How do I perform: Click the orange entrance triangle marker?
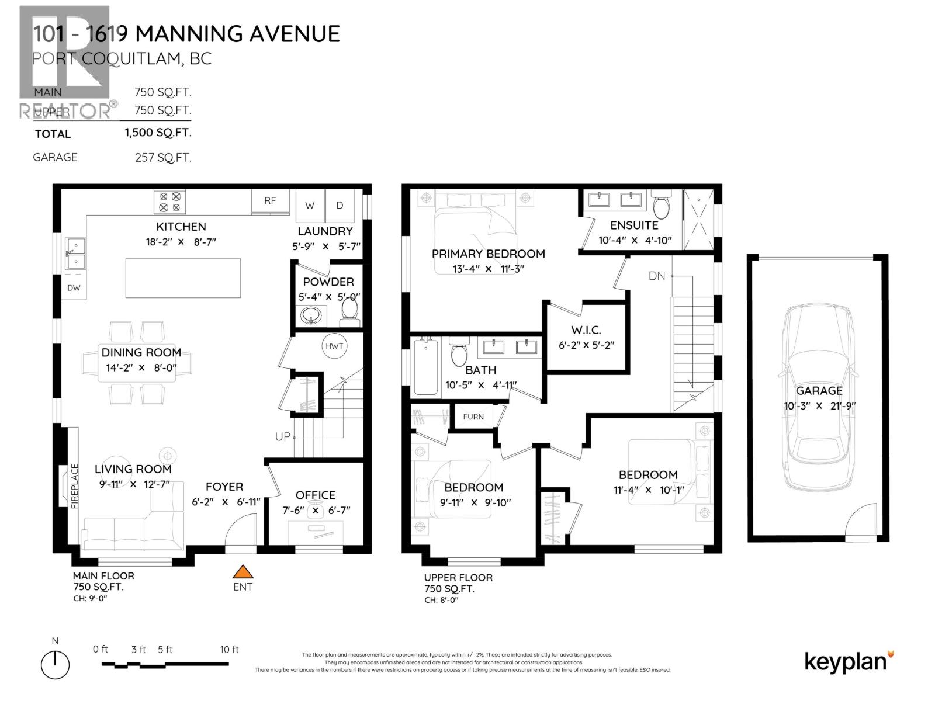243,572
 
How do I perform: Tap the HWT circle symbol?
334,346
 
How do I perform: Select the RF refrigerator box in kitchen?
270,201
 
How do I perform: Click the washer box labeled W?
310,205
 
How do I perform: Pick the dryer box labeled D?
340,205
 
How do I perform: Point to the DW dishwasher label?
74,288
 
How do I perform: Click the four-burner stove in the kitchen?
170,202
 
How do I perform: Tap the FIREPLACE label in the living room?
75,486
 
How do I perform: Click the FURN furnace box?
473,417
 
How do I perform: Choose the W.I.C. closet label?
586,330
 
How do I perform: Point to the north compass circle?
56,665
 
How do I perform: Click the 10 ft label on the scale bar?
230,649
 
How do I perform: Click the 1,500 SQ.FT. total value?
158,133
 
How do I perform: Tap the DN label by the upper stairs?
657,276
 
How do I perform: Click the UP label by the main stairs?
283,436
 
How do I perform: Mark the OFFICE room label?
316,495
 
